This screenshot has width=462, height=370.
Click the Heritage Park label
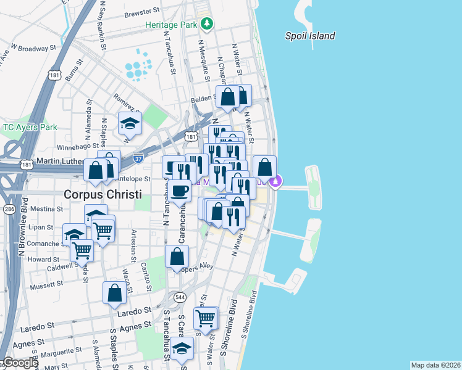click(x=170, y=24)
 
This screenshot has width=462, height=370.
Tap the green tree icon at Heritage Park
click(x=208, y=24)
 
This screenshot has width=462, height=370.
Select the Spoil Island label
click(x=310, y=36)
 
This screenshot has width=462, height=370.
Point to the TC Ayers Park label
click(x=30, y=127)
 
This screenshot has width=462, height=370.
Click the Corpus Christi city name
click(x=103, y=194)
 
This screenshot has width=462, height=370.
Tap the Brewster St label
click(x=141, y=12)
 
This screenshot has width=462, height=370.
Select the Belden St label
click(x=202, y=98)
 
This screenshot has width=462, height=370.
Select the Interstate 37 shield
click(x=138, y=157)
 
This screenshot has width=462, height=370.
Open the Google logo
click(x=20, y=363)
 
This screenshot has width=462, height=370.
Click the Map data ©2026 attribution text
click(x=435, y=365)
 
